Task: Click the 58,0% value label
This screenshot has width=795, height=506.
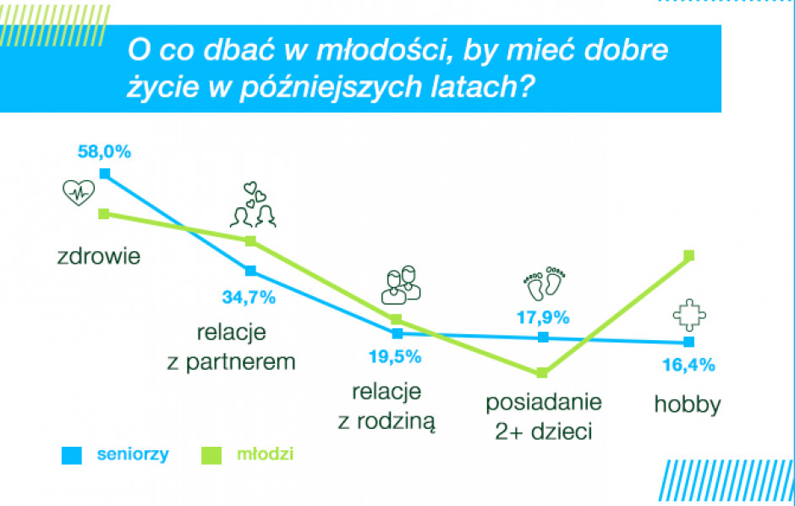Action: pyautogui.click(x=104, y=151)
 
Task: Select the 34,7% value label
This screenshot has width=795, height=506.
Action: pyautogui.click(x=249, y=297)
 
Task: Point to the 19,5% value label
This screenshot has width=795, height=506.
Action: pyautogui.click(x=395, y=357)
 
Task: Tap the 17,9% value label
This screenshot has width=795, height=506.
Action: pyautogui.click(x=543, y=317)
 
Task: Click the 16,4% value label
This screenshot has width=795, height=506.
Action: pyautogui.click(x=688, y=365)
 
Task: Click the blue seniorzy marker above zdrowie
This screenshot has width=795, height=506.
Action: pyautogui.click(x=104, y=174)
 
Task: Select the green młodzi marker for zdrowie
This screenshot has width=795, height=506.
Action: pyautogui.click(x=104, y=213)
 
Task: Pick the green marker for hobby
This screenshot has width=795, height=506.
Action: pyautogui.click(x=688, y=255)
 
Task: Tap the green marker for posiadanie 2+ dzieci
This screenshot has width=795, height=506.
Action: pyautogui.click(x=542, y=372)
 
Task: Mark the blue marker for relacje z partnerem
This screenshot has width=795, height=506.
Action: pyautogui.click(x=250, y=270)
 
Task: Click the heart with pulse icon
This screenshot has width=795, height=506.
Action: pyautogui.click(x=79, y=193)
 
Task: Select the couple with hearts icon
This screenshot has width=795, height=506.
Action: pyautogui.click(x=253, y=205)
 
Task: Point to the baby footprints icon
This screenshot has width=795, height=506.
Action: pyautogui.click(x=544, y=283)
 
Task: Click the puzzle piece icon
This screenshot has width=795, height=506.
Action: pyautogui.click(x=689, y=316)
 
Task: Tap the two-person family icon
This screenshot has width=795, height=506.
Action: pyautogui.click(x=401, y=285)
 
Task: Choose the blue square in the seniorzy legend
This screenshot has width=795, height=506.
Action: pyautogui.click(x=72, y=455)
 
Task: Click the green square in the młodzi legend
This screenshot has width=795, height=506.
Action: pyautogui.click(x=211, y=455)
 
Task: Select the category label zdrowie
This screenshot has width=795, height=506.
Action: pyautogui.click(x=99, y=256)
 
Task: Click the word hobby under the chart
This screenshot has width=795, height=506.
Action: pyautogui.click(x=688, y=404)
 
